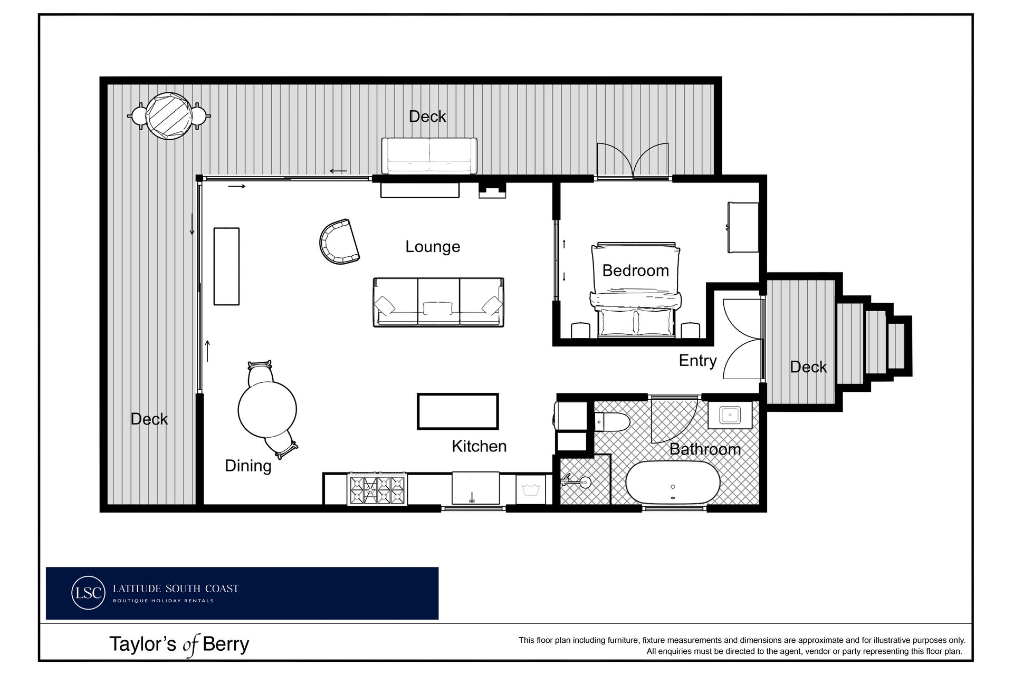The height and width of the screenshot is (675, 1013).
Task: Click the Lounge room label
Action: (433, 247)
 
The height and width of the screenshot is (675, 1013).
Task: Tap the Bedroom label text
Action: (635, 271)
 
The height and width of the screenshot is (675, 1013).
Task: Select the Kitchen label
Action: (479, 446)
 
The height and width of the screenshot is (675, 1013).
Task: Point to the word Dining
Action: (248, 466)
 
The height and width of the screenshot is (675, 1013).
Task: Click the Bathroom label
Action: (705, 449)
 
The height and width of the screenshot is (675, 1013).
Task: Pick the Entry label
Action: (697, 361)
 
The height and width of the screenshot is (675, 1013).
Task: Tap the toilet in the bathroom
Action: (612, 422)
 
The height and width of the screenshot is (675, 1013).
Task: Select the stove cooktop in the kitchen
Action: (377, 490)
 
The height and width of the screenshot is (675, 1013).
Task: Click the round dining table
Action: (267, 409)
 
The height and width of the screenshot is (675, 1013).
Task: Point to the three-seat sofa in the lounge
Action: (438, 302)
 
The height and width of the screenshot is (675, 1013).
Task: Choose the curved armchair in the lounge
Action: (339, 242)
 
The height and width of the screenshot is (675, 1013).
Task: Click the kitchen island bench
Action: (457, 411)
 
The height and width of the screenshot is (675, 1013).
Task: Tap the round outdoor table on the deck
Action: (169, 116)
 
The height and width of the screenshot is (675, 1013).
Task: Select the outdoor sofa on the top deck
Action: (429, 156)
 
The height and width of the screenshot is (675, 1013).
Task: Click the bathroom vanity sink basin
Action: (730, 415)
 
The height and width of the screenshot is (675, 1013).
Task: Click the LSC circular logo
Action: (88, 593)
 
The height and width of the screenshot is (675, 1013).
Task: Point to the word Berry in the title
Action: (226, 644)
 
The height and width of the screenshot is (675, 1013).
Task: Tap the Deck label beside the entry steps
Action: (808, 367)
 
